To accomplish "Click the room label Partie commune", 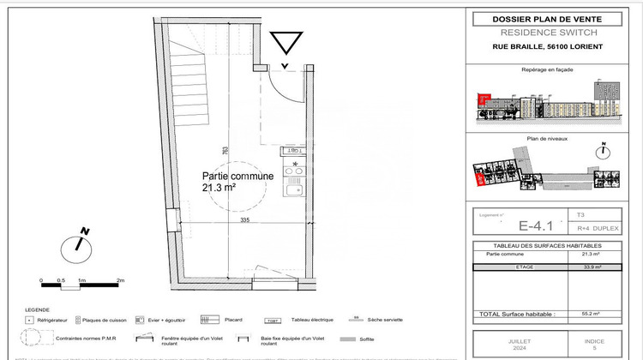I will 237,176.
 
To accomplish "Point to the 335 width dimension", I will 244,220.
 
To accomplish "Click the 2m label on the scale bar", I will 121,280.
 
